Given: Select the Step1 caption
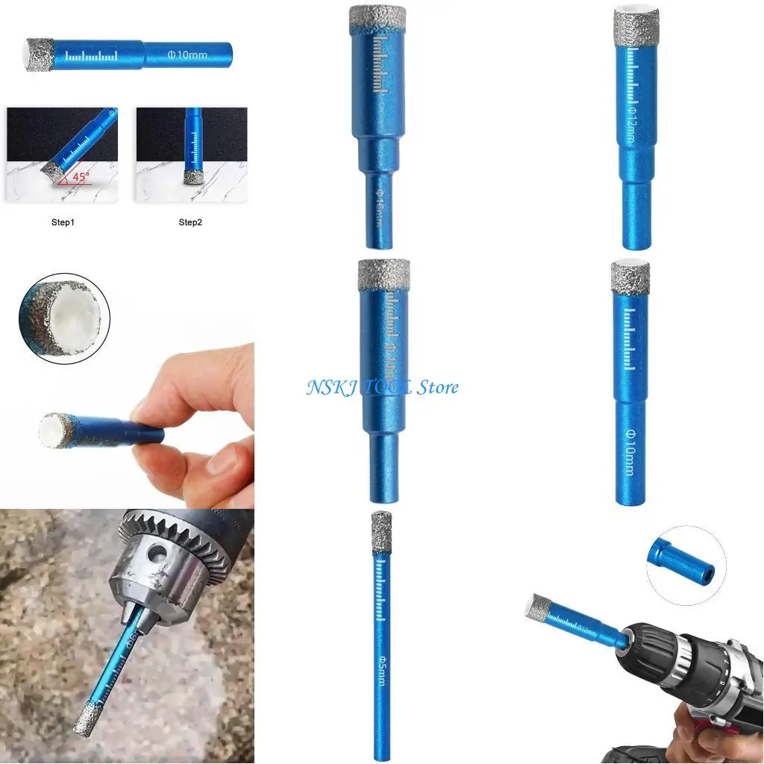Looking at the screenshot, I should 63,222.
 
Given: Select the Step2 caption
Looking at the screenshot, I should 190,222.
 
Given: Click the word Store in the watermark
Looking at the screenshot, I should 436,387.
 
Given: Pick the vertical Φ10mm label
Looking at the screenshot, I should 629,451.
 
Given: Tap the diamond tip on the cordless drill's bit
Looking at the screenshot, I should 539,608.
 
